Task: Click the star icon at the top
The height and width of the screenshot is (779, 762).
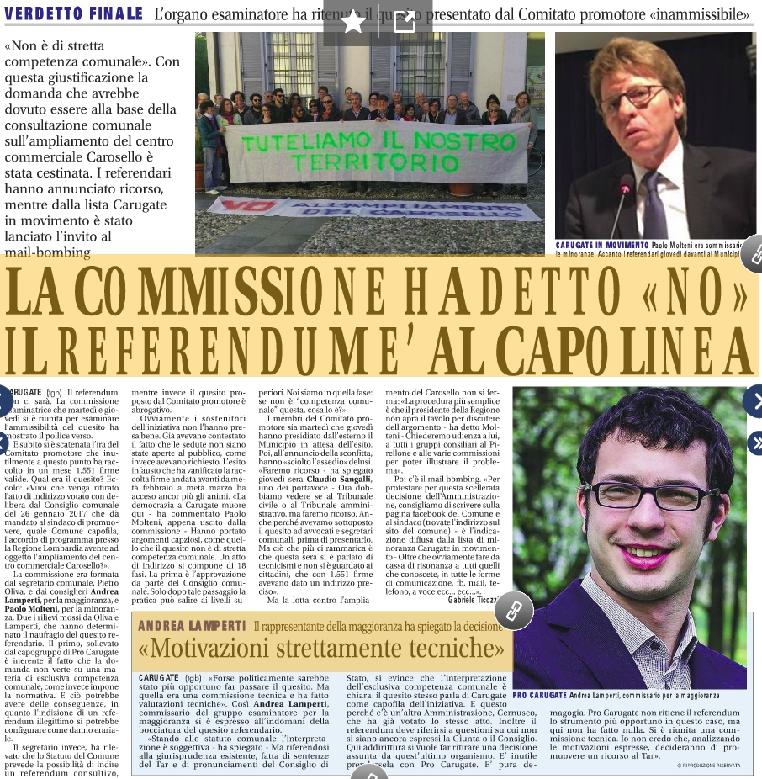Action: (353, 23)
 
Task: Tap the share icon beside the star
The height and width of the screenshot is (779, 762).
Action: (405, 23)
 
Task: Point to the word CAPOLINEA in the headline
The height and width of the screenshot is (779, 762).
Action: (616, 344)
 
